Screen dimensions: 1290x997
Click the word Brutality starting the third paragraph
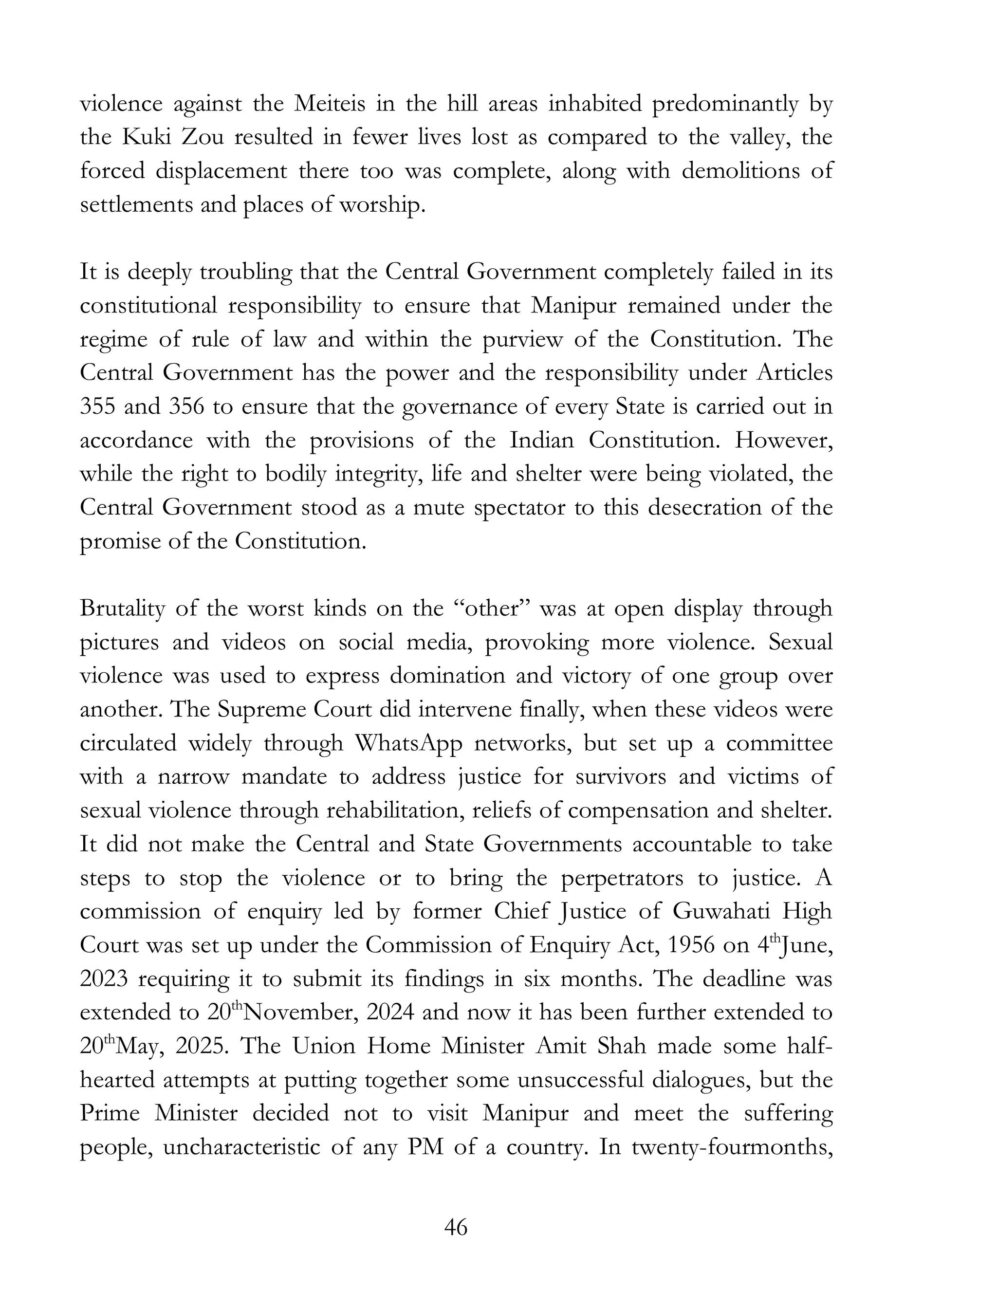[122, 608]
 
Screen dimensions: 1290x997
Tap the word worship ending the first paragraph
[382, 205]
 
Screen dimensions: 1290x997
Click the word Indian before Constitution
[541, 441]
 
